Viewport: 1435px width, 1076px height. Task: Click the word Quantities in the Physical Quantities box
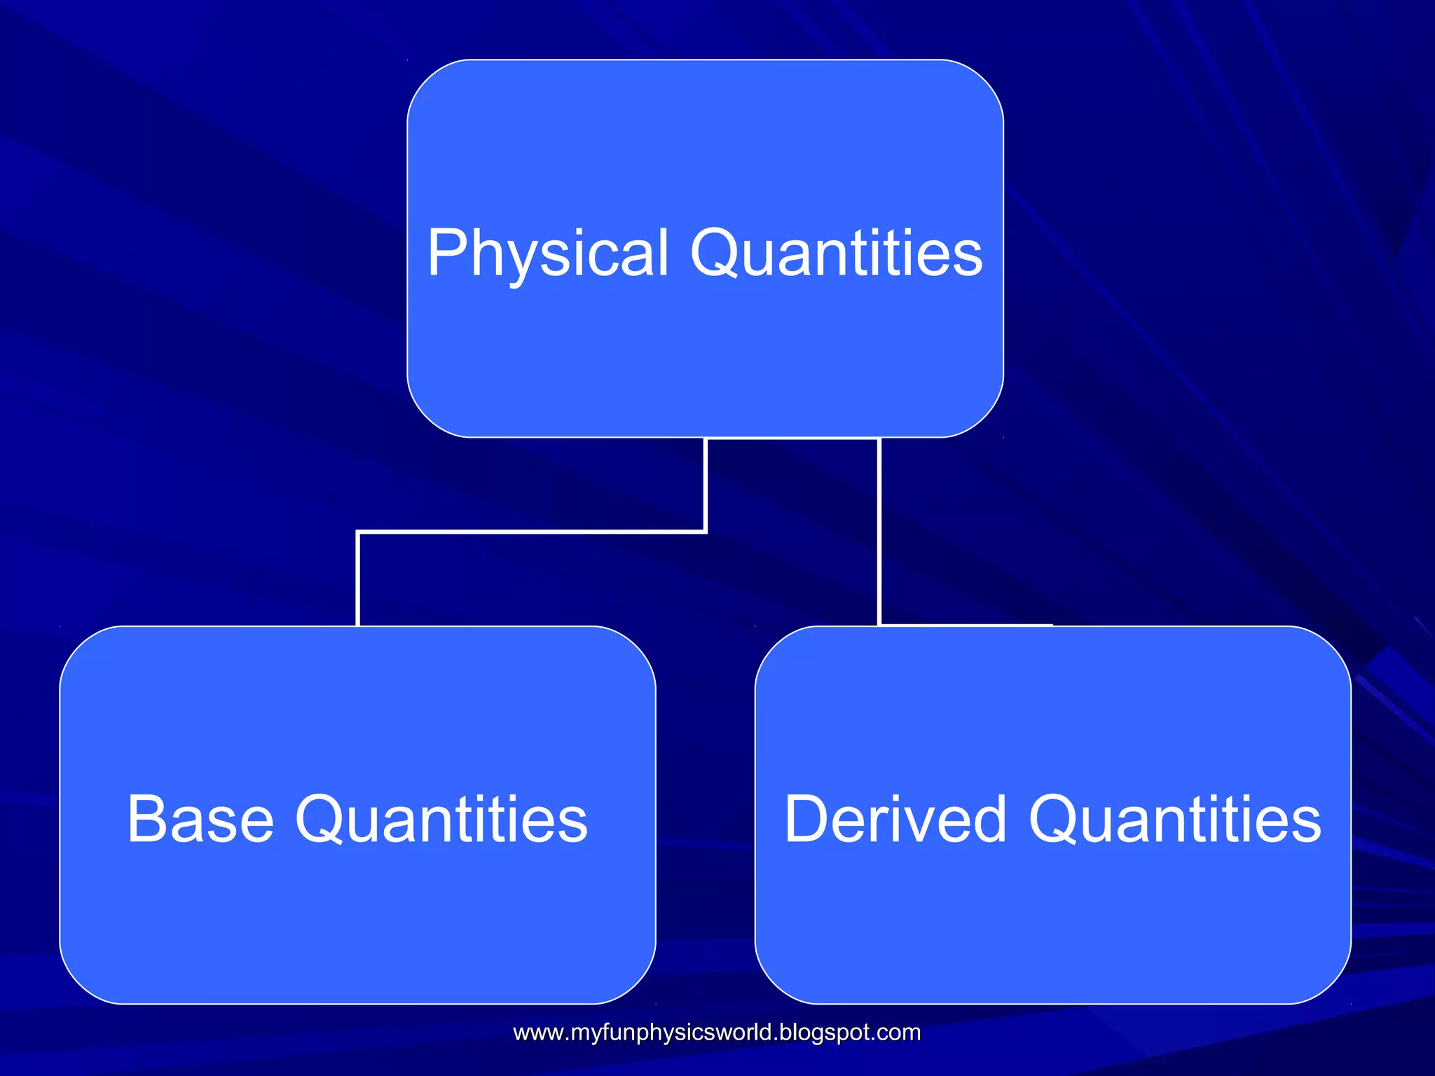837,254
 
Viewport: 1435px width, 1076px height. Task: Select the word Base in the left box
200,820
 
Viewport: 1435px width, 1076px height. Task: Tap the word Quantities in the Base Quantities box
441,820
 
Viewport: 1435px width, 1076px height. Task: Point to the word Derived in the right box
895,820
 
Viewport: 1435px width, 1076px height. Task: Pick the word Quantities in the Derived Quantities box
1175,820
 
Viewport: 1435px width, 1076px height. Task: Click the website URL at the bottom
717,1033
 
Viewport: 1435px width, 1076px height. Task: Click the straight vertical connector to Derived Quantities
879,532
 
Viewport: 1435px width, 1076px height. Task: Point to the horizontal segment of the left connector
533,532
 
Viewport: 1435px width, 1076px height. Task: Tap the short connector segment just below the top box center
706,483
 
